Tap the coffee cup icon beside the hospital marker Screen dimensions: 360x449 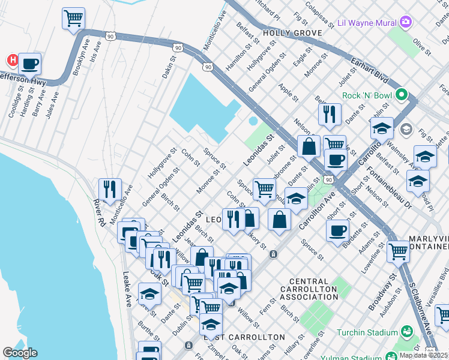point(29,64)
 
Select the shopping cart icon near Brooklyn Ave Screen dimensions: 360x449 point(73,18)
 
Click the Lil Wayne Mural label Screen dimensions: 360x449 point(367,23)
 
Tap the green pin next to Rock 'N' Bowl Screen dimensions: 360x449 point(402,95)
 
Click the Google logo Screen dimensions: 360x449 point(20,353)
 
